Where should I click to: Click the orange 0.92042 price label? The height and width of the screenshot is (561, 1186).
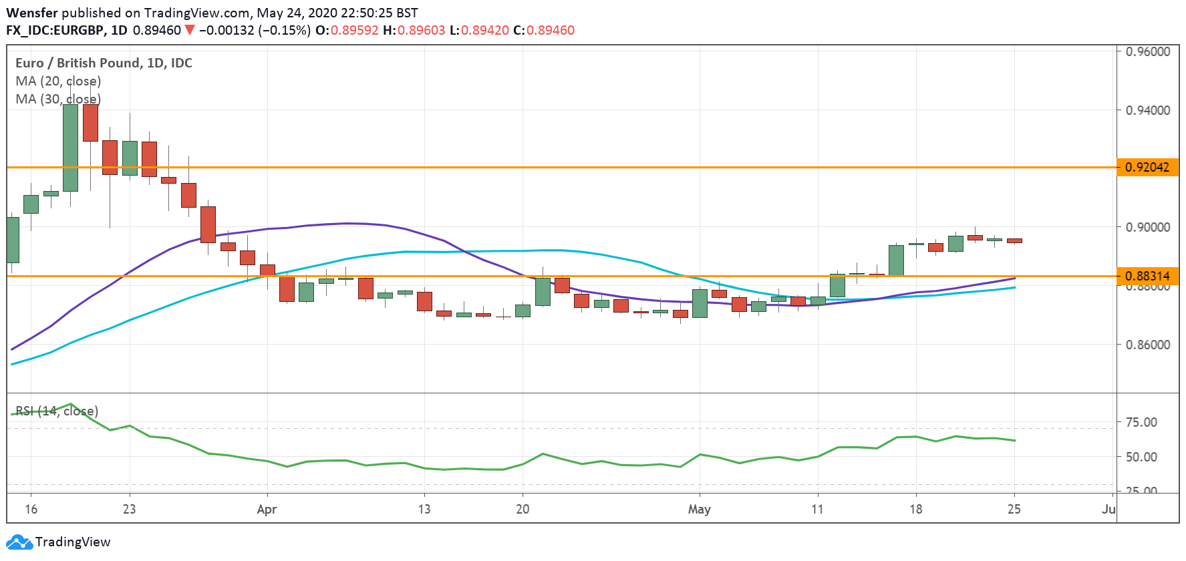click(x=1147, y=167)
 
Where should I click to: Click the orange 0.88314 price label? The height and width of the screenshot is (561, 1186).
click(x=1147, y=276)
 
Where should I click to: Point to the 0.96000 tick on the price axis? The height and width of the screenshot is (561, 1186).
click(x=1147, y=51)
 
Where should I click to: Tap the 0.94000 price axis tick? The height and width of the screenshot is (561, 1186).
click(x=1147, y=110)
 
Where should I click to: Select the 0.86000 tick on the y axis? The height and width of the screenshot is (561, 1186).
click(x=1147, y=345)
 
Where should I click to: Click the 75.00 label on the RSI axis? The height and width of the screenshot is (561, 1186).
click(x=1141, y=422)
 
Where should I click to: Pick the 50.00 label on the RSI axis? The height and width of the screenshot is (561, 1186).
click(x=1141, y=457)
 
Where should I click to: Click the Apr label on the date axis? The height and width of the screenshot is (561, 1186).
click(x=267, y=510)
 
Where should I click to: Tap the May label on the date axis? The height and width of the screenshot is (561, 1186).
click(x=699, y=510)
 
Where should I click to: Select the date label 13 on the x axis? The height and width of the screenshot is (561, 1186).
click(x=424, y=510)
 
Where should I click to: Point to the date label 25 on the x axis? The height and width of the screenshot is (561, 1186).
click(x=1014, y=510)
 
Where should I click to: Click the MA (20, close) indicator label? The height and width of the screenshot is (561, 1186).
click(x=58, y=81)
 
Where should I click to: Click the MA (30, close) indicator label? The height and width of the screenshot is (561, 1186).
click(x=58, y=99)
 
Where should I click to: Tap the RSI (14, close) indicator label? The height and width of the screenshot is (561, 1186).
click(x=57, y=411)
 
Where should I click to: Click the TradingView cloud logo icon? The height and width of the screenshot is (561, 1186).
click(x=19, y=542)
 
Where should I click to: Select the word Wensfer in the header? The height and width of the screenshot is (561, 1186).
click(x=31, y=13)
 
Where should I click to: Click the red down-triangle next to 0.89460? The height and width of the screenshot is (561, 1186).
click(x=190, y=30)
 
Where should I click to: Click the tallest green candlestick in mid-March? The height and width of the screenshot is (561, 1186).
click(x=70, y=147)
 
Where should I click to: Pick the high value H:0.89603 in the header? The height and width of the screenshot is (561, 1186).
click(x=414, y=30)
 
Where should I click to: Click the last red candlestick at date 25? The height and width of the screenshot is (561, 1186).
click(x=1014, y=240)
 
